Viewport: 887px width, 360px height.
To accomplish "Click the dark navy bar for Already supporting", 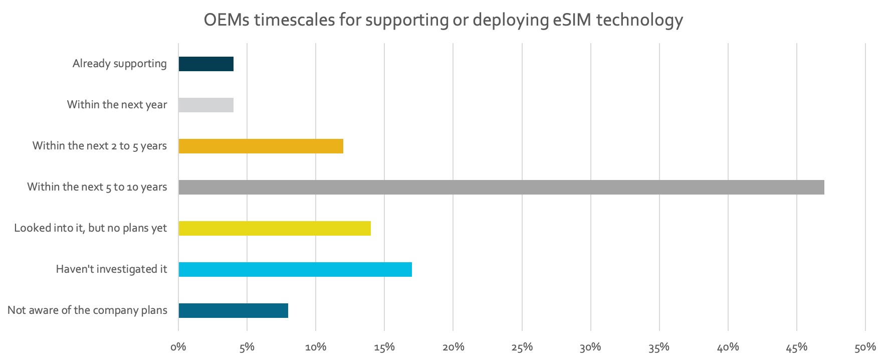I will coord(206,64).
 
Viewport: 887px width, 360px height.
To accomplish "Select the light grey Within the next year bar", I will coord(206,105).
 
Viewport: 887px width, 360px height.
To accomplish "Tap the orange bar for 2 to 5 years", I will coord(261,146).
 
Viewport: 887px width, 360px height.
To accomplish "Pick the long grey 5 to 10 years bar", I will coord(501,188).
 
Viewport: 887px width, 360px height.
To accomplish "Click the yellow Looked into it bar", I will coord(275,229).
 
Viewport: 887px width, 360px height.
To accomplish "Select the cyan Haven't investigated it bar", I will coord(295,270).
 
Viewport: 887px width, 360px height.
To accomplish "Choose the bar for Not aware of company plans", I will coord(233,311).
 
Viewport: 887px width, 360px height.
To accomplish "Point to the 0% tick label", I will coord(178,347).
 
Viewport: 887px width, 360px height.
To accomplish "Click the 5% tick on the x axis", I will coord(247,347).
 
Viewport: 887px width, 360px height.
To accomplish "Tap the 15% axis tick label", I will coord(384,347).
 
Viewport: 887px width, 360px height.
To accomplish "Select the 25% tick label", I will coord(522,347).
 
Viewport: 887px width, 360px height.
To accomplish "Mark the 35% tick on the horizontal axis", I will coord(659,347).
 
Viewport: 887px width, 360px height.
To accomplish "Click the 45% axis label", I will coord(796,347).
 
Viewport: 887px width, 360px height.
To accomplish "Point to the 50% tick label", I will coord(865,347).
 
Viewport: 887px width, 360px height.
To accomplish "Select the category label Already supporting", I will coord(119,64).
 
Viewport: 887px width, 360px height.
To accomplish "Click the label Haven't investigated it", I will coord(111,269).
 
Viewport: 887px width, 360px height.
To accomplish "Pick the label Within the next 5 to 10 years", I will coord(97,187).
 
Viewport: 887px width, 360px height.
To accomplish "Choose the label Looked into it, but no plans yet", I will coord(90,228).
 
